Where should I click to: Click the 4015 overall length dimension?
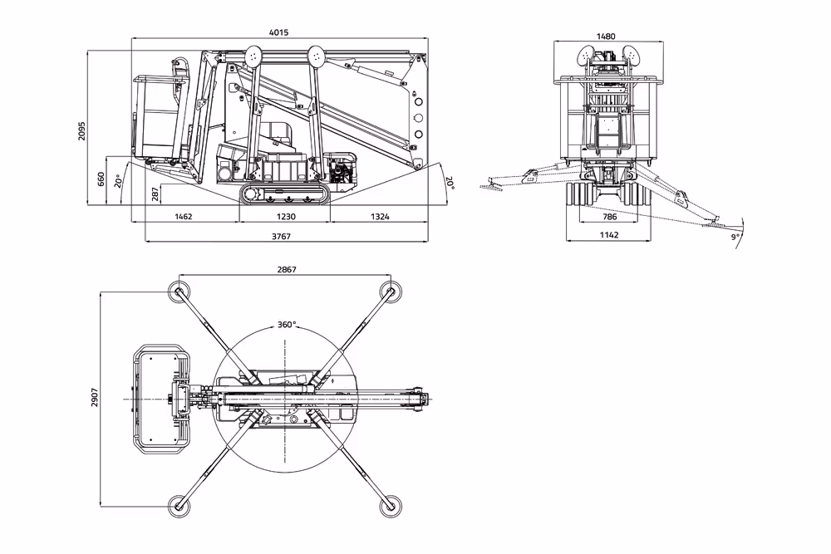pos(278,32)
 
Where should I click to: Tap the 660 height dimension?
pos(102,179)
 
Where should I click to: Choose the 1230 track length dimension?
pos(284,216)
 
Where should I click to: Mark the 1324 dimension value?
pos(378,216)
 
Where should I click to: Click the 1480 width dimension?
pos(607,36)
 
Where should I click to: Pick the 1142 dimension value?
pos(609,235)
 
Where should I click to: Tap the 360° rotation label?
pos(287,325)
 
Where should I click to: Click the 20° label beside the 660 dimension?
pos(120,179)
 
